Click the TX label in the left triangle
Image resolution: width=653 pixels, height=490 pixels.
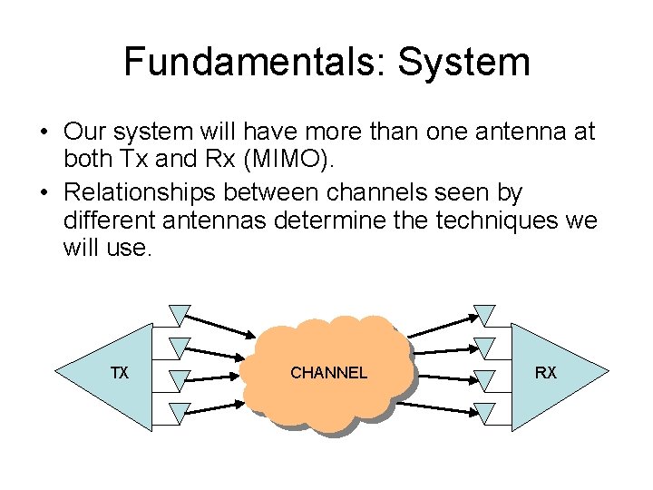(x=119, y=373)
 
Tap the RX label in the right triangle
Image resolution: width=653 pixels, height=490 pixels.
(x=546, y=373)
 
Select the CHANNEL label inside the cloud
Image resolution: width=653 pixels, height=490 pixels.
(x=328, y=373)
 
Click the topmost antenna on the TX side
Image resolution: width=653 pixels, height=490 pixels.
(x=180, y=314)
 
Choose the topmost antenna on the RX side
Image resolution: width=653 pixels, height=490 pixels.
(x=485, y=314)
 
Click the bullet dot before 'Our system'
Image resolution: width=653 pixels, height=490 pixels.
(x=43, y=132)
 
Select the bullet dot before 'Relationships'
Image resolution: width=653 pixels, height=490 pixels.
(x=43, y=192)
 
